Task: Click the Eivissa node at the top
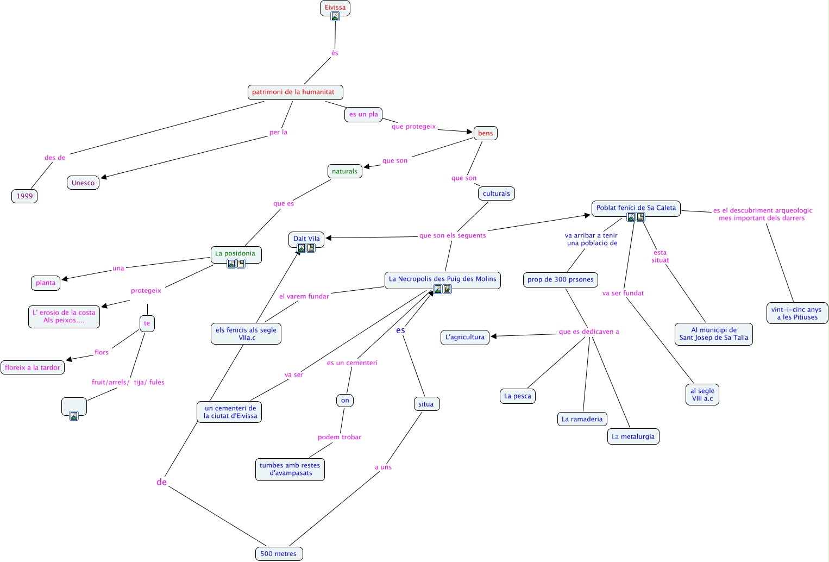click(x=335, y=7)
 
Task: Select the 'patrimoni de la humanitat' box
click(x=295, y=92)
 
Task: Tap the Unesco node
click(x=83, y=183)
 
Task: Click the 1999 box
click(x=24, y=196)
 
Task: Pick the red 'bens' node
click(x=485, y=133)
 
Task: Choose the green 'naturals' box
click(x=344, y=171)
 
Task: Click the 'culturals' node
click(x=496, y=193)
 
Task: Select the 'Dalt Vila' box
click(x=306, y=238)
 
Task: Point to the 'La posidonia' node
click(x=235, y=253)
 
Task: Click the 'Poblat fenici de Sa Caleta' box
click(x=636, y=208)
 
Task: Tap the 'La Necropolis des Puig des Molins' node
click(x=442, y=279)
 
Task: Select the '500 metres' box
click(x=278, y=554)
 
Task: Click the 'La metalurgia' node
click(x=633, y=436)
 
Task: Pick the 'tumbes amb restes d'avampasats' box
click(x=290, y=469)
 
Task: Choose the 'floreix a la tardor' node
click(x=33, y=367)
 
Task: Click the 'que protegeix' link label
click(x=413, y=127)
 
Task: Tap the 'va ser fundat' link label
click(x=623, y=293)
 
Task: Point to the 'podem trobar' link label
click(x=339, y=437)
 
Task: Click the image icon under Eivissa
click(x=335, y=16)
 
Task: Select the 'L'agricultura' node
click(x=464, y=337)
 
